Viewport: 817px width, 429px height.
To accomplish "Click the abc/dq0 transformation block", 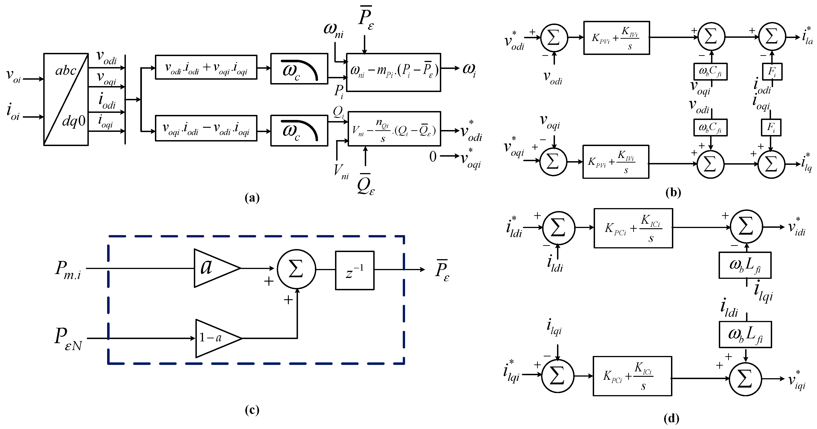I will point(66,99).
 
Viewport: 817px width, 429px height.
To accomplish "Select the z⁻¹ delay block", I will point(354,270).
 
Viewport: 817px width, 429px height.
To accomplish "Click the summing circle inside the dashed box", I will point(296,269).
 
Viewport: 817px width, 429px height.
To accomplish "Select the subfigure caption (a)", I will point(252,198).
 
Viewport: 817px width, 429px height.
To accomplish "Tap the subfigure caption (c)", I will point(252,410).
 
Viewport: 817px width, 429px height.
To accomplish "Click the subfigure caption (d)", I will point(671,418).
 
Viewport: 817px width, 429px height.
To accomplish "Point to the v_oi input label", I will point(13,76).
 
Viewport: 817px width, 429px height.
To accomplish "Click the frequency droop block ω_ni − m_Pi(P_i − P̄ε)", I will point(393,72).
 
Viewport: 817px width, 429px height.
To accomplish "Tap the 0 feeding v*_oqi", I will point(433,156).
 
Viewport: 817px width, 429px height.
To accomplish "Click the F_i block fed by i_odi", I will point(772,71).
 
